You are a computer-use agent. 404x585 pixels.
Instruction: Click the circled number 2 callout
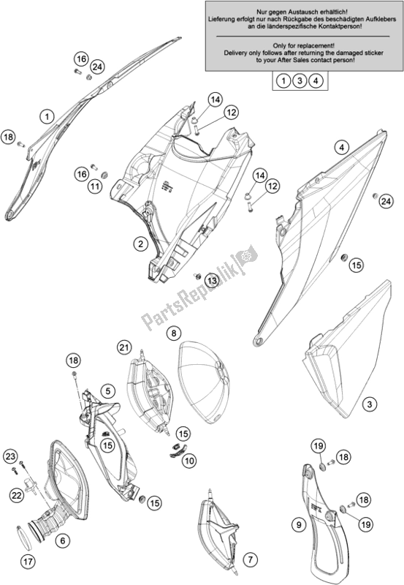pos(140,244)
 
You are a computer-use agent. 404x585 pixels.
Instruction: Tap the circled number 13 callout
pos(212,280)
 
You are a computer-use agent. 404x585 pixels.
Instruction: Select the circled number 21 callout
pos(124,348)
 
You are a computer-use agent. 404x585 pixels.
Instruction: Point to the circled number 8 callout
pos(174,333)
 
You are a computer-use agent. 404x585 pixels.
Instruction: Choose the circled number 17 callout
pos(28,561)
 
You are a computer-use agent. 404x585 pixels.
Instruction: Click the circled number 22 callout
pos(16,496)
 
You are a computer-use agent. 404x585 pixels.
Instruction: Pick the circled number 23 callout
pos(11,456)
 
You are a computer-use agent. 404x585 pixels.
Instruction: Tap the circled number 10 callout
pos(189,461)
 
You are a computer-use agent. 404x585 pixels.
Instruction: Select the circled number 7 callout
pos(250,559)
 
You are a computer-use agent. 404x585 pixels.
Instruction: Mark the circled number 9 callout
pos(299,525)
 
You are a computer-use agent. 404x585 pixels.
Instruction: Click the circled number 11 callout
pos(95,186)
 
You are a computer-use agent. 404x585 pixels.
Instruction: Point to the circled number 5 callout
pos(107,391)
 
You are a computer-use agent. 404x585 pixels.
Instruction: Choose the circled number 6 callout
pos(63,540)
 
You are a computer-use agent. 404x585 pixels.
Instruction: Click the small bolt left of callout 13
pos(197,276)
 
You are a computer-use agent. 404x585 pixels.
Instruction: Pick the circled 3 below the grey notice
pos(300,80)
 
